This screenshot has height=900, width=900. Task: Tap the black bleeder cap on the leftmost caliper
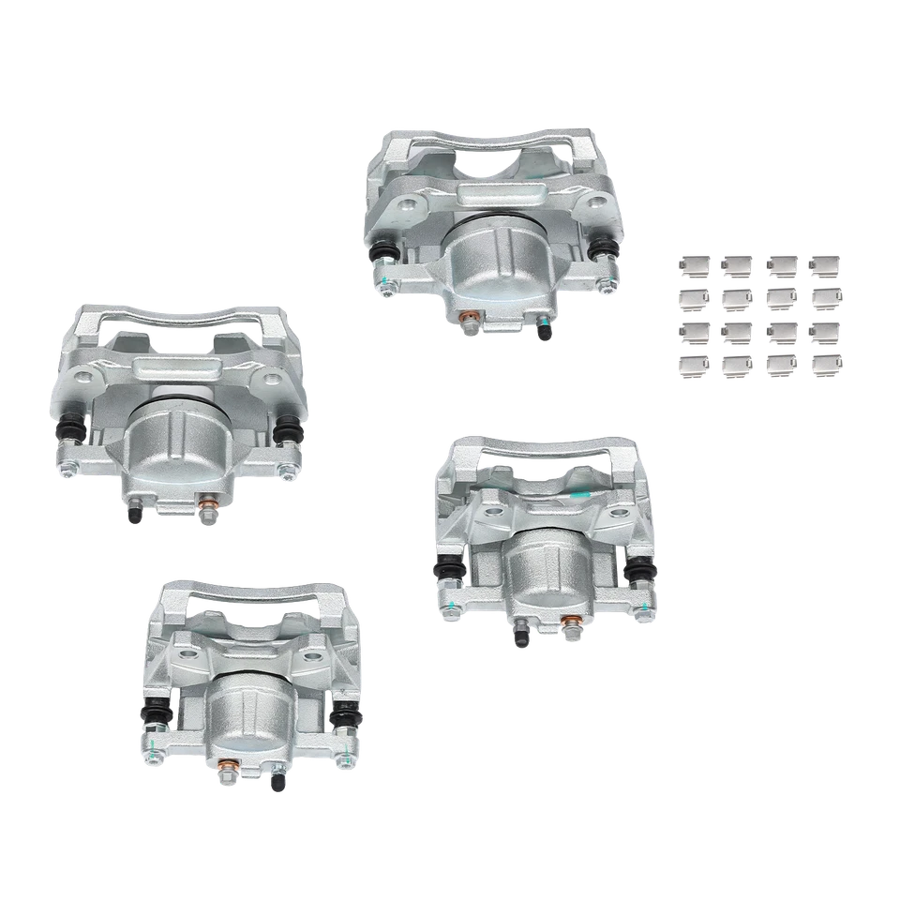tap(137, 516)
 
